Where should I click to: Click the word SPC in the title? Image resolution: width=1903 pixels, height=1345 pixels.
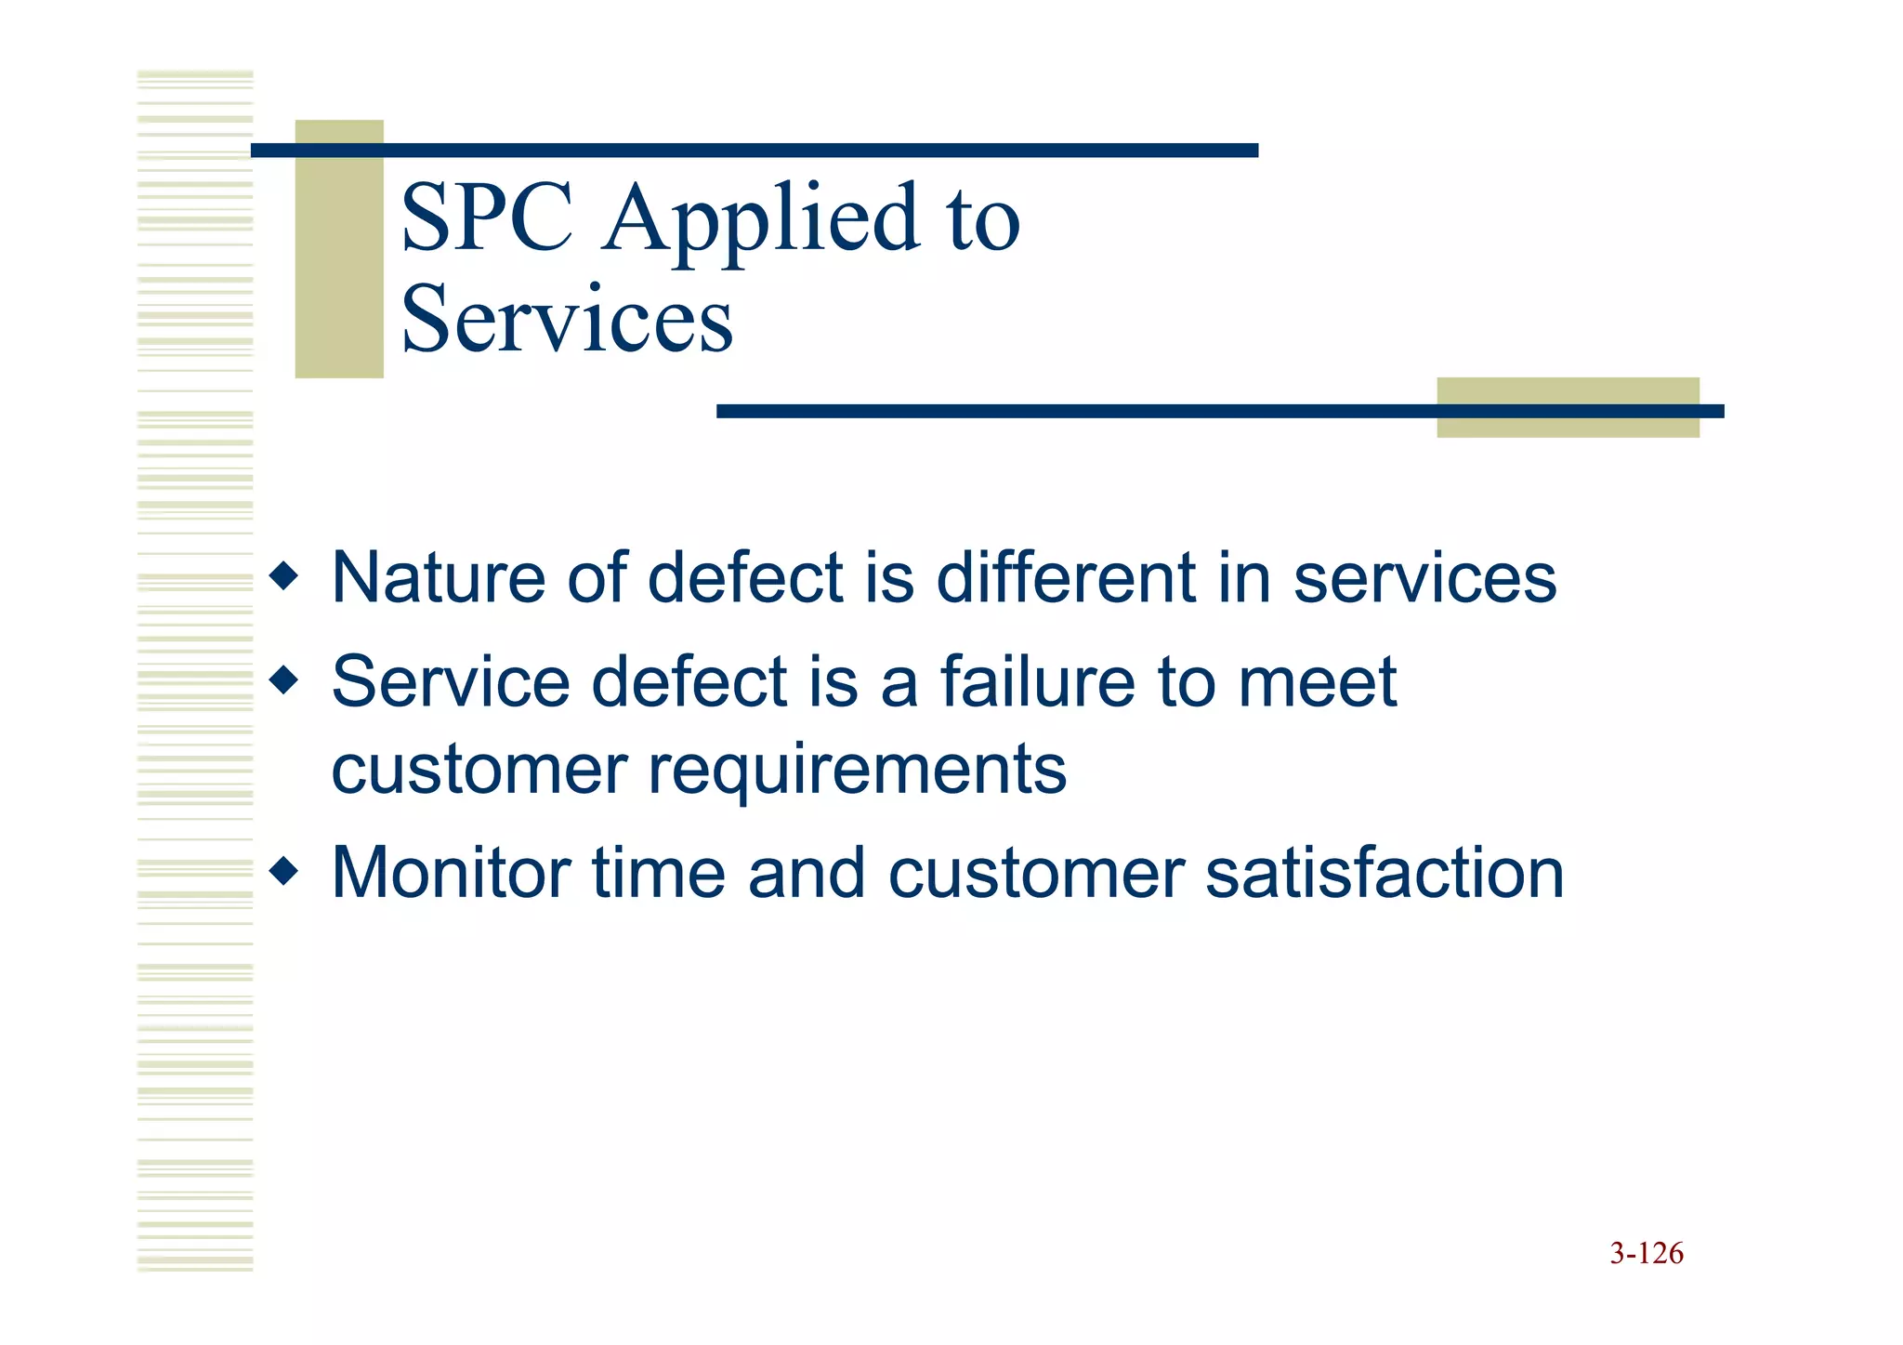click(487, 218)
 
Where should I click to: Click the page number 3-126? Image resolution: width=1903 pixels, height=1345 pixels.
click(1646, 1253)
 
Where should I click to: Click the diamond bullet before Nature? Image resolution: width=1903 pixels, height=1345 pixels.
click(283, 577)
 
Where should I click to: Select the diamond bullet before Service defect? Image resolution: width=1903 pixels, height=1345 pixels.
click(283, 681)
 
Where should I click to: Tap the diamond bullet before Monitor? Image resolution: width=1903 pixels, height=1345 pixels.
click(283, 872)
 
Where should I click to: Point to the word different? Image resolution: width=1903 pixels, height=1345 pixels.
click(1065, 578)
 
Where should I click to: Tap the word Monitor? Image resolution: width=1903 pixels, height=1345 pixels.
click(451, 873)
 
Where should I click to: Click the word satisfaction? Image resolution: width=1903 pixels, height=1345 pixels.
click(1385, 873)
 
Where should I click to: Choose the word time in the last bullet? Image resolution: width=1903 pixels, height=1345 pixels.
click(659, 873)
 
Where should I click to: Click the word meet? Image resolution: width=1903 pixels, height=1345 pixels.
click(1317, 682)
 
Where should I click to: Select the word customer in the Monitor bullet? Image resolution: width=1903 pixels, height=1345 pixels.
click(1035, 875)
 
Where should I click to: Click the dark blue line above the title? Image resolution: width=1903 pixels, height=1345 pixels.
click(755, 151)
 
